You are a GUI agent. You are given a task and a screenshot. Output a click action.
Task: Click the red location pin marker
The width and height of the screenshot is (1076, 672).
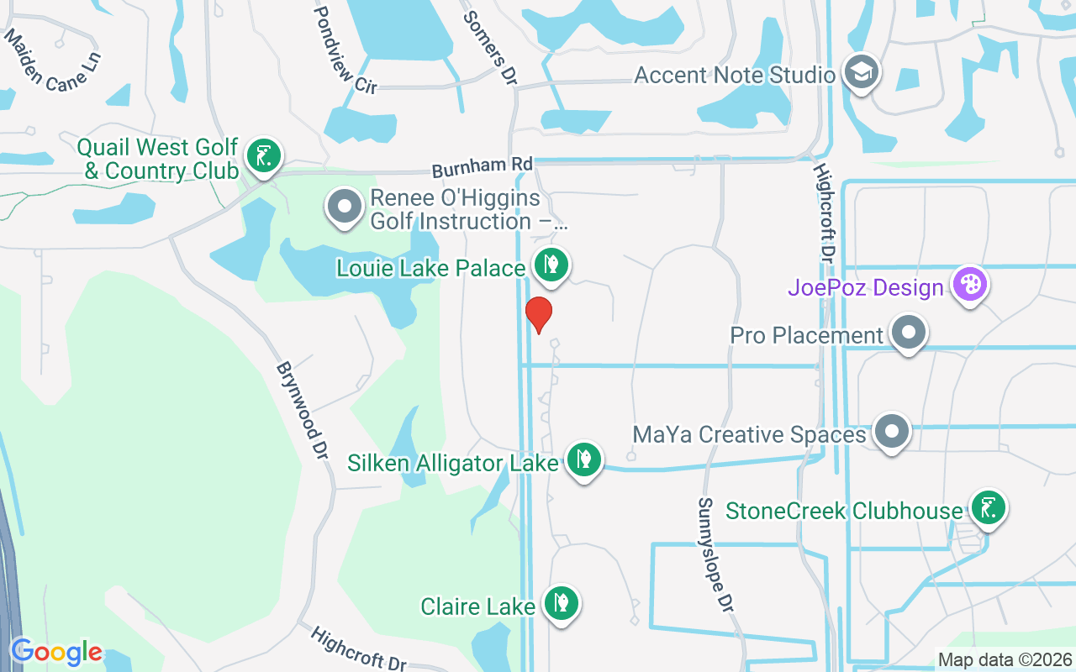pyautogui.click(x=538, y=313)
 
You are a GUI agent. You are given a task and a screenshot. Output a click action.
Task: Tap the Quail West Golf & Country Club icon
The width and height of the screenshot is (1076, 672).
pyautogui.click(x=264, y=156)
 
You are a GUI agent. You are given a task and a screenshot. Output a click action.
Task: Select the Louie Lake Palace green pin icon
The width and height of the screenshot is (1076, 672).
pyautogui.click(x=551, y=265)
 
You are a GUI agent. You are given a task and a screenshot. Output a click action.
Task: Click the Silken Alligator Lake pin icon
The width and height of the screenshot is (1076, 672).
pyautogui.click(x=583, y=459)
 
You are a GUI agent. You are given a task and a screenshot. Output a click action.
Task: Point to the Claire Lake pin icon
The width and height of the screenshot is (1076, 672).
pyautogui.click(x=561, y=602)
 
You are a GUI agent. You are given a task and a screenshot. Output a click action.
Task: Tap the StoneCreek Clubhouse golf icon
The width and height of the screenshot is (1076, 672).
pyautogui.click(x=988, y=507)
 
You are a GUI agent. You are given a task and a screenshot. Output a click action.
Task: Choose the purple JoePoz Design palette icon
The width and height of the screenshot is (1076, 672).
pyautogui.click(x=970, y=284)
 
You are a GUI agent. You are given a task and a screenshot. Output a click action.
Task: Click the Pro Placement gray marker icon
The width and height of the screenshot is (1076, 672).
pyautogui.click(x=908, y=333)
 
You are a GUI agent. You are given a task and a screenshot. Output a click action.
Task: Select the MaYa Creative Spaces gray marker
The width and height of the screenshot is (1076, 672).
pyautogui.click(x=892, y=432)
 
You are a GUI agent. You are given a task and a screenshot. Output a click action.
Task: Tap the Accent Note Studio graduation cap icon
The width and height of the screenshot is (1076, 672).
pyautogui.click(x=861, y=72)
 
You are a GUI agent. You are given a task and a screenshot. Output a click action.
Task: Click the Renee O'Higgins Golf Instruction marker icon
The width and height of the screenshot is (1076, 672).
pyautogui.click(x=344, y=207)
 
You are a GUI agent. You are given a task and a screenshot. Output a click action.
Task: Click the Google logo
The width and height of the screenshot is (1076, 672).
pyautogui.click(x=56, y=652)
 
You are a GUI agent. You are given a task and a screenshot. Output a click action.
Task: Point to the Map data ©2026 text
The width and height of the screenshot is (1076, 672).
pyautogui.click(x=1005, y=659)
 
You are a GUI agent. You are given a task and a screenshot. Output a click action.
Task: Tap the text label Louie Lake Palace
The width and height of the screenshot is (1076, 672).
pyautogui.click(x=430, y=269)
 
